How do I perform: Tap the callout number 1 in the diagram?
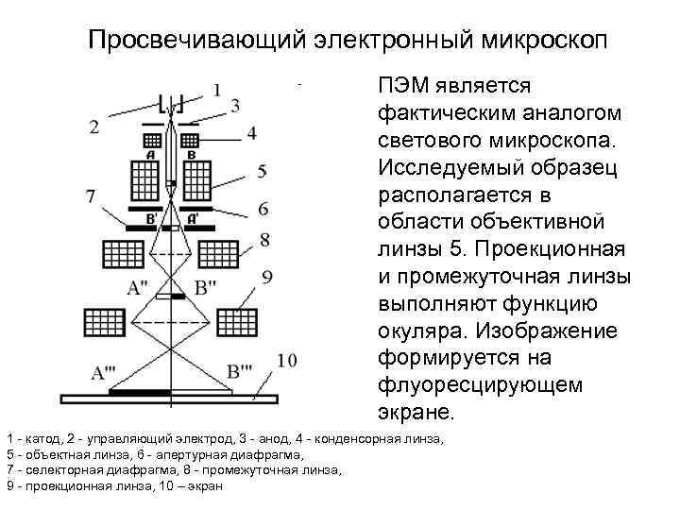pos(218,90)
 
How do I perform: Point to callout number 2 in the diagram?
pos(94,127)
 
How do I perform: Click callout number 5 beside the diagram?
pos(261,171)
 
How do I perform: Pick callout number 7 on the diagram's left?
pos(90,196)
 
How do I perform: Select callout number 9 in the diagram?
pos(267,277)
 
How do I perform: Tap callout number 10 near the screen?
pos(287,360)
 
